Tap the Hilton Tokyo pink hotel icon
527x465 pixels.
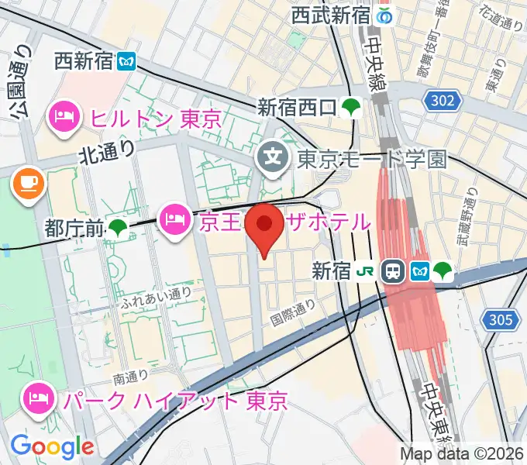(x=63, y=118)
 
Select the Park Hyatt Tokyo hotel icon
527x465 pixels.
(x=39, y=400)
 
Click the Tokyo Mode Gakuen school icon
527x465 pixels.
(x=273, y=159)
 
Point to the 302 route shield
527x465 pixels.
(x=443, y=100)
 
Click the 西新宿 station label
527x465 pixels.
(x=84, y=60)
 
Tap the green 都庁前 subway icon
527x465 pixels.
(x=119, y=228)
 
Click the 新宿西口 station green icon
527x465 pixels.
(x=352, y=107)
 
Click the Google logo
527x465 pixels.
(x=52, y=447)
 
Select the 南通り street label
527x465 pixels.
(x=131, y=377)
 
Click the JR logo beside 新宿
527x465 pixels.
(x=365, y=271)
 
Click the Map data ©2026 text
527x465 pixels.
(x=463, y=453)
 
